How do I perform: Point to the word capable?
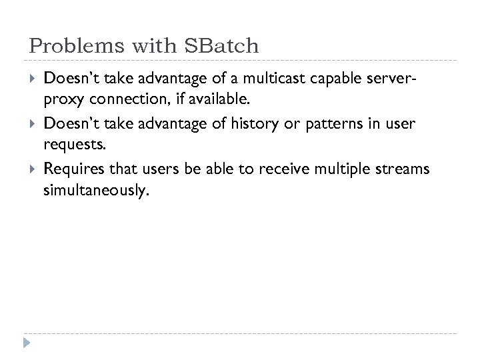pyautogui.click(x=335, y=81)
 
